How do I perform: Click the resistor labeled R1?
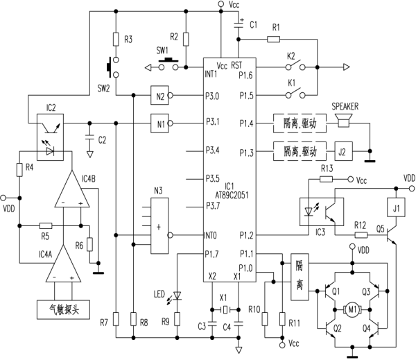pyautogui.click(x=277, y=38)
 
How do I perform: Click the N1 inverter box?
pyautogui.click(x=161, y=123)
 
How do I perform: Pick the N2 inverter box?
pyautogui.click(x=161, y=96)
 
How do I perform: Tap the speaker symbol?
pyautogui.click(x=342, y=123)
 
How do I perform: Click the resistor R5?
pyautogui.click(x=46, y=225)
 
